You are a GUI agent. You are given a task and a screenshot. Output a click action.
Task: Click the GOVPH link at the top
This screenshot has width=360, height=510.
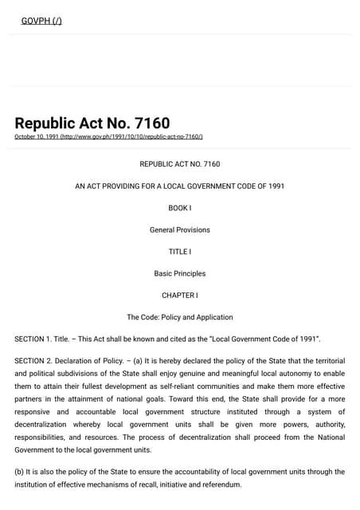[41, 20]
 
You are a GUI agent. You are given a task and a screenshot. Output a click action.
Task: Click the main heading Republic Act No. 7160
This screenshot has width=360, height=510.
[92, 124]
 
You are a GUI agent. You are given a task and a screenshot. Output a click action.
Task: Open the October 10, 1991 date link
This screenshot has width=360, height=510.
[108, 137]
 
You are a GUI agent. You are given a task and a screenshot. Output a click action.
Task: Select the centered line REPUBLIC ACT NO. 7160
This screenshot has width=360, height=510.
[180, 164]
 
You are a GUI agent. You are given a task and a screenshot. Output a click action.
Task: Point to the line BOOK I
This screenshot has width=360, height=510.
[180, 208]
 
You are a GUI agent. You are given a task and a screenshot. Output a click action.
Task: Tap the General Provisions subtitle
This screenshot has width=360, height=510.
[180, 230]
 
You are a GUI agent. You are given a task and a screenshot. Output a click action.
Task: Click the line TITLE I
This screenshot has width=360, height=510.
[180, 252]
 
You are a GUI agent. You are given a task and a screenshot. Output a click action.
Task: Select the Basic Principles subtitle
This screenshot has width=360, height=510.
[180, 273]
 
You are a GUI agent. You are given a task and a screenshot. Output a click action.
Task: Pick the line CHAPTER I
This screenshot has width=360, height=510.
[180, 296]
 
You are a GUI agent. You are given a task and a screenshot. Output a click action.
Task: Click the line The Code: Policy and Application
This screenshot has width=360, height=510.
[180, 317]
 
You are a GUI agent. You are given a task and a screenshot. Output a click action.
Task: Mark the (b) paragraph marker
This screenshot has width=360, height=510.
[20, 472]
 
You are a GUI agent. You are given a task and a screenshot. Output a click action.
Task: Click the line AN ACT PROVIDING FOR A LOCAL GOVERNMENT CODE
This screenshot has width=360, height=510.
[180, 186]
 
